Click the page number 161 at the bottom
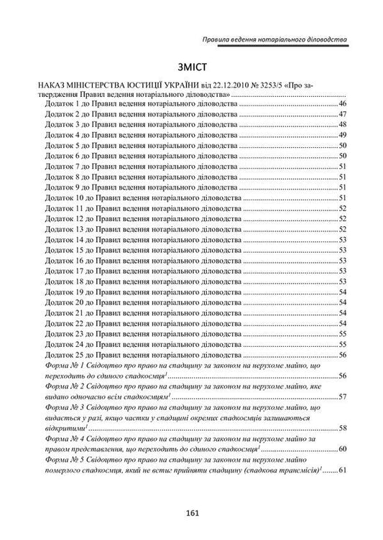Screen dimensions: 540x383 (191, 512)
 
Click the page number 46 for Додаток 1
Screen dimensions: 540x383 (343, 104)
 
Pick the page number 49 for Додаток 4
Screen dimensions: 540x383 (343, 135)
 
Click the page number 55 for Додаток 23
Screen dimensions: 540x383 (343, 334)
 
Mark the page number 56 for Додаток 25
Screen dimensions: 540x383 (343, 355)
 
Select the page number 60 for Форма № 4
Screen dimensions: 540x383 (343, 450)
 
